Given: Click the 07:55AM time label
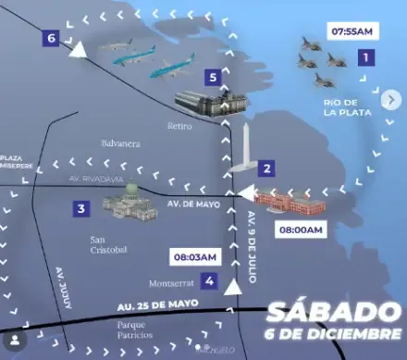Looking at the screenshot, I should click(351, 31).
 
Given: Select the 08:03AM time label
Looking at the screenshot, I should click(194, 256).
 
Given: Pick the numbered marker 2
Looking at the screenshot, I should click(266, 168).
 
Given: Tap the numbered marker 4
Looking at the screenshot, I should click(210, 281).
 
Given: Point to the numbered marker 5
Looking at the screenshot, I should click(214, 77).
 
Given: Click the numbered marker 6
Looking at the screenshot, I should click(50, 38).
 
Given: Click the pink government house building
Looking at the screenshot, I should click(289, 203).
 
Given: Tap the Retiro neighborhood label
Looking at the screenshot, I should click(179, 125).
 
